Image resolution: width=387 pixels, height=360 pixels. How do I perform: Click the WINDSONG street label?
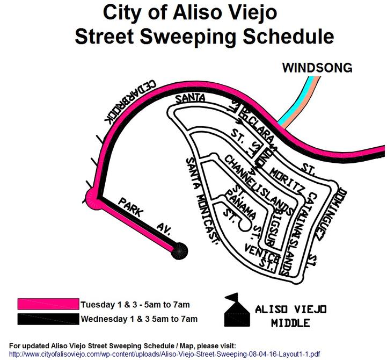317,68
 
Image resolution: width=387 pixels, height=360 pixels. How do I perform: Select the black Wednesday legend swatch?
48,319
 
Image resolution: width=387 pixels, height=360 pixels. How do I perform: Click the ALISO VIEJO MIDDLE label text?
290,316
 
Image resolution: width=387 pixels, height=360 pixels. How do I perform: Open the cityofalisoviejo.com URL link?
164,354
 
